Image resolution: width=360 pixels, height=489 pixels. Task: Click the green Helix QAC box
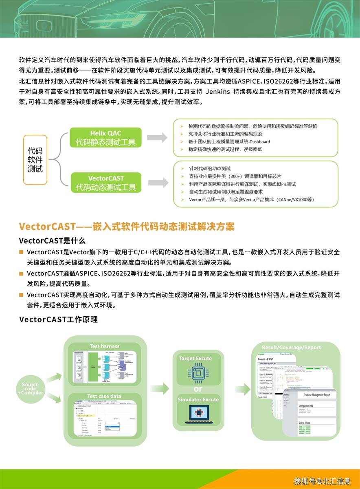click(105, 138)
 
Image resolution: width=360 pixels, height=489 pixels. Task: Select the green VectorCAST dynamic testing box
click(105, 183)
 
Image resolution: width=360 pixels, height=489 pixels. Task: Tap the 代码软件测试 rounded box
click(35, 159)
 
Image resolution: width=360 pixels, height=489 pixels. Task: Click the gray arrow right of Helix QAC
click(157, 138)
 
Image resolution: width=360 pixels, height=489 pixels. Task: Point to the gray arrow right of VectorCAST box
click(157, 183)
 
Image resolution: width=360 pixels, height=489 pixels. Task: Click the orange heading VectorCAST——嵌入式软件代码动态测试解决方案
click(127, 226)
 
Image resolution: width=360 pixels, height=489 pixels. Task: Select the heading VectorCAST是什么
click(52, 240)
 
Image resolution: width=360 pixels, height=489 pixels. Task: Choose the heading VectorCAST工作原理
click(58, 319)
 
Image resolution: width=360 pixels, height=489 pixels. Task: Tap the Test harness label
click(104, 346)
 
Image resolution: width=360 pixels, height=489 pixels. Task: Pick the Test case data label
click(104, 396)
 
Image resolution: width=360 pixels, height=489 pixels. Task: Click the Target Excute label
click(195, 359)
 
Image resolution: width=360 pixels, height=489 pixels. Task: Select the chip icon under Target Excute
click(198, 374)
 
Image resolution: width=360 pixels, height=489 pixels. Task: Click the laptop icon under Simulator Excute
click(198, 416)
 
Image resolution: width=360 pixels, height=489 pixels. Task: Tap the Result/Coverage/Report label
click(291, 348)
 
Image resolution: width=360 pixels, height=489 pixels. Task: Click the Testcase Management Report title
click(314, 395)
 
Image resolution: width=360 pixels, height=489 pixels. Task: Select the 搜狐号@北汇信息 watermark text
click(322, 481)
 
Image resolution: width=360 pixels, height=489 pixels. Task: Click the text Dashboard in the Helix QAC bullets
click(258, 142)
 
